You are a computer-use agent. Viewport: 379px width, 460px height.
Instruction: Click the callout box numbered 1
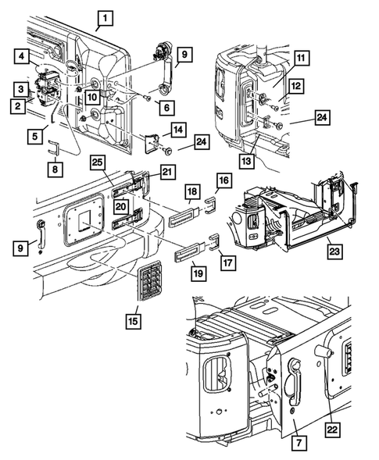105,18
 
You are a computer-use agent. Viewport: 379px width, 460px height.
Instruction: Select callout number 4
21,56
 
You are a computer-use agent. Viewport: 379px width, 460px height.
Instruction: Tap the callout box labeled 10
92,97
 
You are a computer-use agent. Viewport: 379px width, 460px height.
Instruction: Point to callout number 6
166,107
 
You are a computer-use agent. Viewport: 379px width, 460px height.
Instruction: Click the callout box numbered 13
247,160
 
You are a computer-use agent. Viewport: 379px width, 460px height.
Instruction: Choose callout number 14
178,130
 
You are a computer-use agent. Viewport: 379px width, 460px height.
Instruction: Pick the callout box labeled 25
98,162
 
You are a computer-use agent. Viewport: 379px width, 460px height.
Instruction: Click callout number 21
168,172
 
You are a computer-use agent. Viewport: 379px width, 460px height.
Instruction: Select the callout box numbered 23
334,251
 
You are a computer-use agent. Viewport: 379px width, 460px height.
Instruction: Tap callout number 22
332,430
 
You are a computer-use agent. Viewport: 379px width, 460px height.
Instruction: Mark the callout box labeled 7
299,442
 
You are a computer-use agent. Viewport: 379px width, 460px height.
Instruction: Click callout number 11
301,58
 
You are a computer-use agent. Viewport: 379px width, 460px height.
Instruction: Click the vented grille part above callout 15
150,280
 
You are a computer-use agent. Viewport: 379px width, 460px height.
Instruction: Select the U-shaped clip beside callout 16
210,205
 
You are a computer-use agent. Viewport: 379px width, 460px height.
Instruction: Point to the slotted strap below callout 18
185,217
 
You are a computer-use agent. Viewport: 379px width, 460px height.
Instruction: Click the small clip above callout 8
53,147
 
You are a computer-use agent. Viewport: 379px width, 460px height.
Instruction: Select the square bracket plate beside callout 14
152,143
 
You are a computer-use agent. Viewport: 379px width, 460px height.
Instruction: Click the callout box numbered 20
120,206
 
